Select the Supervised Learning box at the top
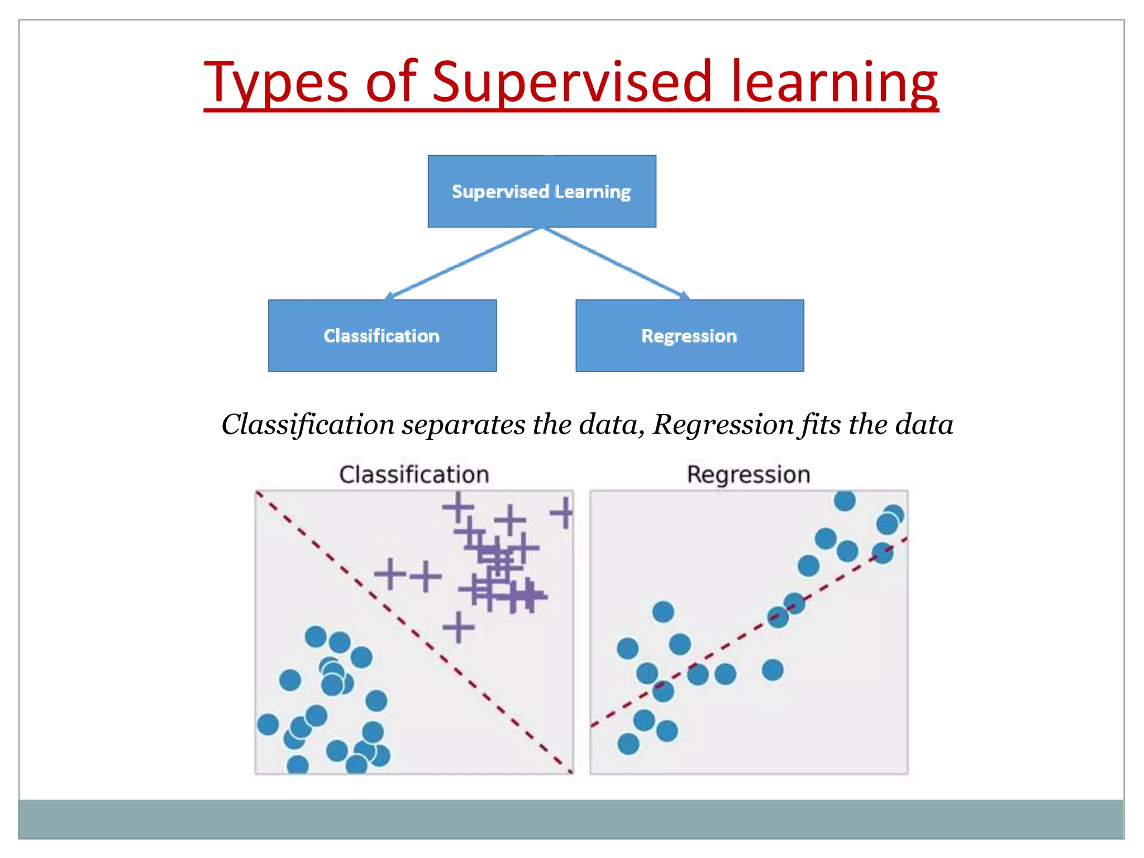point(541,191)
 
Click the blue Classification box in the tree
point(382,336)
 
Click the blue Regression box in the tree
point(689,336)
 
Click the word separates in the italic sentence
point(463,425)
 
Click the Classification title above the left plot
point(414,475)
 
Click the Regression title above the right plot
point(748,475)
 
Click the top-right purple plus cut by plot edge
point(564,513)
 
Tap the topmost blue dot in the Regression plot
point(845,500)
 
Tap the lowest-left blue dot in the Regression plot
point(628,743)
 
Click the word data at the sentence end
point(924,425)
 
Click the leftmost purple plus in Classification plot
point(390,574)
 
